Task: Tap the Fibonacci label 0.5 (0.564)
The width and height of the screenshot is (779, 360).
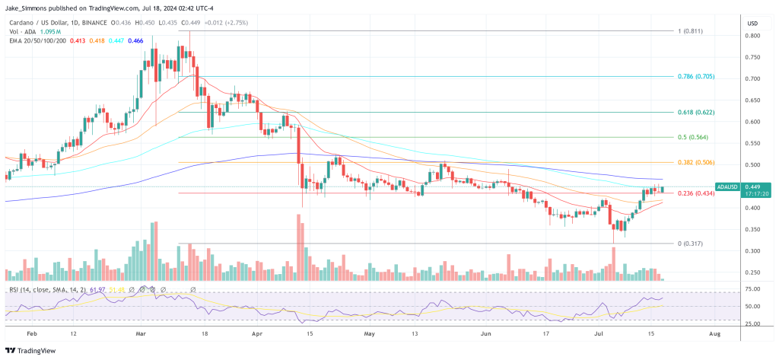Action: coord(694,138)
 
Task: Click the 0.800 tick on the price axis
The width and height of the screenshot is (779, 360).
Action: coord(752,36)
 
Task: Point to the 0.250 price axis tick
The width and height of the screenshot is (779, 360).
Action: coord(752,272)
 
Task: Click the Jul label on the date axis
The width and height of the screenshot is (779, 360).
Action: coord(599,333)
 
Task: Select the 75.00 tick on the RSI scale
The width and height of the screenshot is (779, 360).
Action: coord(752,289)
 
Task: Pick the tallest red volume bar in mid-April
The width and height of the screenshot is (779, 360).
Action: coord(298,247)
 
